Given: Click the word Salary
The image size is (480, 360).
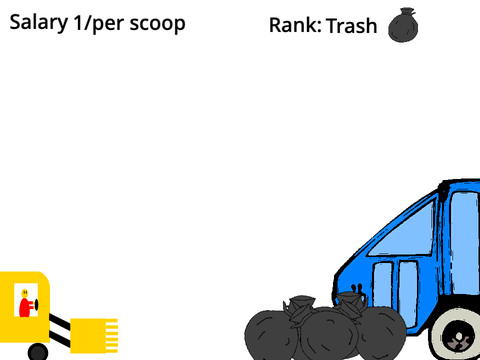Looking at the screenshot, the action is coord(39,23).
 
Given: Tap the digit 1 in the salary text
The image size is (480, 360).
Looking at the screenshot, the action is coord(77,22).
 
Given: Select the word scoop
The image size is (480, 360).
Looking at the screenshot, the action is coord(157,24).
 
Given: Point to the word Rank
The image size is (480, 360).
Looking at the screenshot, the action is coord(295,25).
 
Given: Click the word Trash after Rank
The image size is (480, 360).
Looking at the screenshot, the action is coord(352,26).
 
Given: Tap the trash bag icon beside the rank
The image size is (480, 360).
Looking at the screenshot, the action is coord(403,25).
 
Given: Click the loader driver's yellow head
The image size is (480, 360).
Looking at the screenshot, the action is coord(25,293).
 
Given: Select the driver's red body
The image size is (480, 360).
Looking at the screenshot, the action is coord(25,307).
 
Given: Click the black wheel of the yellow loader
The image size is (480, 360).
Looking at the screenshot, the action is coord(38,352).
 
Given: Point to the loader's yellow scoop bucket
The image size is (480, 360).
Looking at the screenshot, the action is coord(94,336).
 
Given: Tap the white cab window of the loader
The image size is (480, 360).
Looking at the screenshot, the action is coord(26,300).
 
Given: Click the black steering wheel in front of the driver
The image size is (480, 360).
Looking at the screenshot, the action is coord(36,305).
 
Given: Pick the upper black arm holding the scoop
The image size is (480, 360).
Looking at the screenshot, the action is coord(60,322).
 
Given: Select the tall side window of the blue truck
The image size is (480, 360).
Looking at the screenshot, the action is coord(464,242).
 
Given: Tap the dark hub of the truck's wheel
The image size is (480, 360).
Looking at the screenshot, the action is coord(458,340).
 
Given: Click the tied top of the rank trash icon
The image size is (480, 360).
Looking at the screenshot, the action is coord(407,12).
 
